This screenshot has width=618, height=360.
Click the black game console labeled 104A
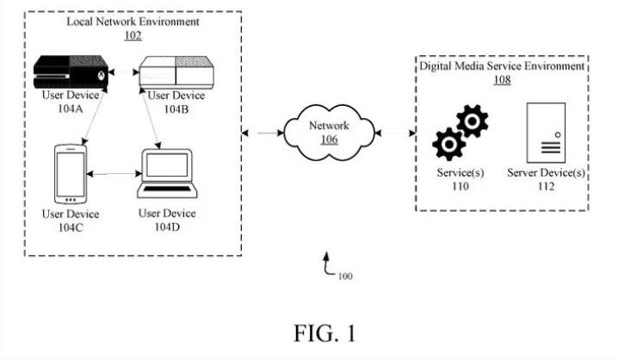[71, 72]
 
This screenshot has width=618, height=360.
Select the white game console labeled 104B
[176, 72]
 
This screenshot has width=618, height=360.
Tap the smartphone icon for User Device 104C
[71, 174]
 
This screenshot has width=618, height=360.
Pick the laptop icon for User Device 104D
[167, 173]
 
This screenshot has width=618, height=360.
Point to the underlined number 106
[329, 140]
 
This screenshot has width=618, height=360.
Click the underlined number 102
[133, 35]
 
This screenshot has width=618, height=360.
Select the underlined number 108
[502, 79]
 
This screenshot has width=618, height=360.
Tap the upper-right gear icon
[473, 121]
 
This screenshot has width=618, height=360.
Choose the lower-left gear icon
[449, 145]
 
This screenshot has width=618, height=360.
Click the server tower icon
[546, 133]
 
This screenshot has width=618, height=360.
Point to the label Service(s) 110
[460, 179]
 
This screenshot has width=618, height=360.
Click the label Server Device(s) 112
[546, 179]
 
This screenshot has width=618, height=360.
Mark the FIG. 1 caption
[324, 333]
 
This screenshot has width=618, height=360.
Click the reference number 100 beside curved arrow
[345, 276]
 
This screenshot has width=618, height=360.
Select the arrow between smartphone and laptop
[114, 173]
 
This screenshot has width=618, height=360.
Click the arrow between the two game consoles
[124, 72]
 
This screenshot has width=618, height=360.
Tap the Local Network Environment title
[133, 22]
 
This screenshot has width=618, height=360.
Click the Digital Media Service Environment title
[502, 65]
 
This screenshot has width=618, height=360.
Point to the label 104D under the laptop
[167, 227]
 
